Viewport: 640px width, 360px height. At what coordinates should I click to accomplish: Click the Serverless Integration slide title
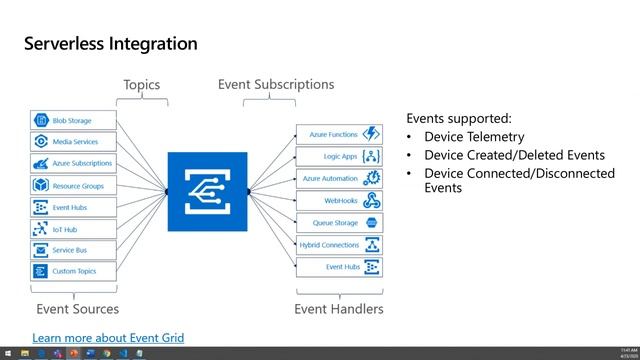[110, 44]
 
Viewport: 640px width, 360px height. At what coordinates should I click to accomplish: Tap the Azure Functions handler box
[339, 134]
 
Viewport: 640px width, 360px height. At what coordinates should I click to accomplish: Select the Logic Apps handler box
[339, 156]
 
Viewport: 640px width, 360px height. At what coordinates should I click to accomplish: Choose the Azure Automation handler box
[339, 178]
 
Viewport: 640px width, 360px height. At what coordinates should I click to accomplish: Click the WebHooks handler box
[339, 200]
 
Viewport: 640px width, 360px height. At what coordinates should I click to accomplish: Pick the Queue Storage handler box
[339, 222]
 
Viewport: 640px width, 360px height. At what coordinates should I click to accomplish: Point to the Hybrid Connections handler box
[339, 244]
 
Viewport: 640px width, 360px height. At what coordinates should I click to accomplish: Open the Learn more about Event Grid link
[108, 338]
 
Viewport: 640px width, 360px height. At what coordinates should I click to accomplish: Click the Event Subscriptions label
[276, 85]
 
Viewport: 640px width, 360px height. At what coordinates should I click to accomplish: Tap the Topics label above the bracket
[141, 85]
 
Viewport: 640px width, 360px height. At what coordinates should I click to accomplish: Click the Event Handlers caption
[338, 309]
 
